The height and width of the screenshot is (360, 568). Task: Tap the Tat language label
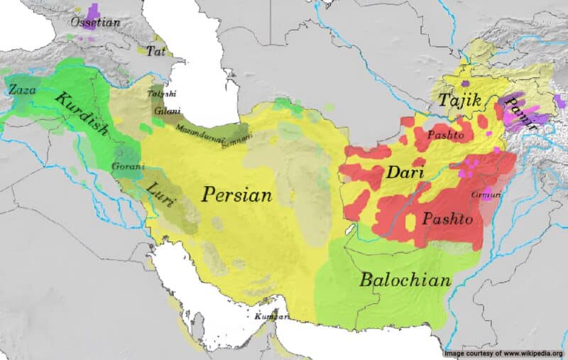coord(155,50)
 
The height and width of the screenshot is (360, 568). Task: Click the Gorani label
coord(128,167)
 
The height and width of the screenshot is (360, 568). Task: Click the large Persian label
coord(236,194)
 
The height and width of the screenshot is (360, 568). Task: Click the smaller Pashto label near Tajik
coord(445,134)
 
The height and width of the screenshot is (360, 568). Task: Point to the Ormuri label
coord(485,194)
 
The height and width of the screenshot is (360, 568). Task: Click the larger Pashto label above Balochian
coord(447,219)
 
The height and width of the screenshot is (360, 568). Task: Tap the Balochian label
coord(405,280)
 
